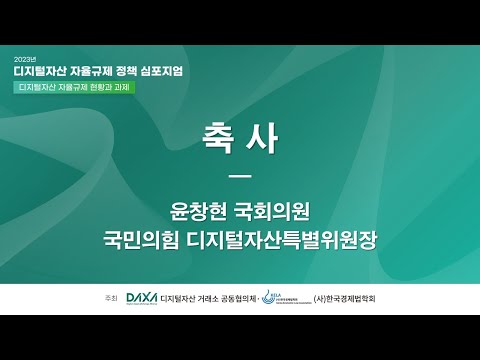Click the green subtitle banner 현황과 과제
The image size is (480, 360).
(x=75, y=87)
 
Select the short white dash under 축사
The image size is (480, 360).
(x=239, y=176)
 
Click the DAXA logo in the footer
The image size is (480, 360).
(x=142, y=298)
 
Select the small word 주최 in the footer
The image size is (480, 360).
(x=111, y=299)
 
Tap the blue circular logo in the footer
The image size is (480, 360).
(x=269, y=297)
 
